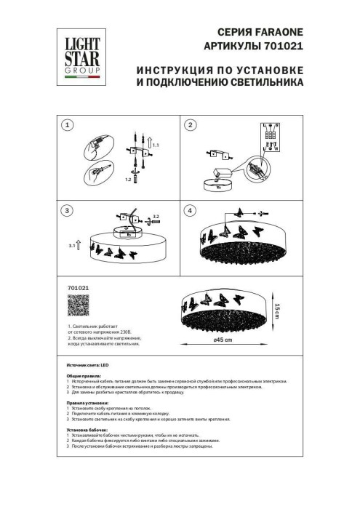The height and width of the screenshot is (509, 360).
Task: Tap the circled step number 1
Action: pos(67,126)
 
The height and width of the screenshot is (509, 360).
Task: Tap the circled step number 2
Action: pos(190,126)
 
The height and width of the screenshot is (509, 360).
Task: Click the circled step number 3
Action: pos(67,211)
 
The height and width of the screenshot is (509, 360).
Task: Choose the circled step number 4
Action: pos(190,211)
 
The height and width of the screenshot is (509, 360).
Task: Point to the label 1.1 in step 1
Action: pos(156,148)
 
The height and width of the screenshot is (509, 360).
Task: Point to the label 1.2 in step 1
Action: pos(128,178)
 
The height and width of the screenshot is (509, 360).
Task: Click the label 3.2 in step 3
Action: pos(156,217)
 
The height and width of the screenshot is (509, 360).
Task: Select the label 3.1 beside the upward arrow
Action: pos(73,247)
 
